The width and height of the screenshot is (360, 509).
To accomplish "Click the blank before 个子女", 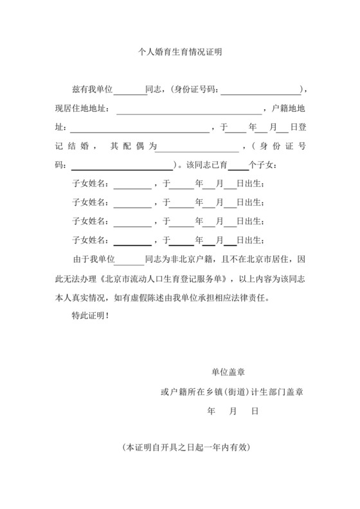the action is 238,165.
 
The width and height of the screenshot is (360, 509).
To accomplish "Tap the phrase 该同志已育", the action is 206,165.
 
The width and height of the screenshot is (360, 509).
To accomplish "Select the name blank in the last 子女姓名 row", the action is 132,241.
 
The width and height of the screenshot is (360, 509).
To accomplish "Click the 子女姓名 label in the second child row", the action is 92,203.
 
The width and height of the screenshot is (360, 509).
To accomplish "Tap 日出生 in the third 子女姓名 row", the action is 250,222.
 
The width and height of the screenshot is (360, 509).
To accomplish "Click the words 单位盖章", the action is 228,372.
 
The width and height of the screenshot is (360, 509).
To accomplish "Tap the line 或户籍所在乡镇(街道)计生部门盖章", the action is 232,391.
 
